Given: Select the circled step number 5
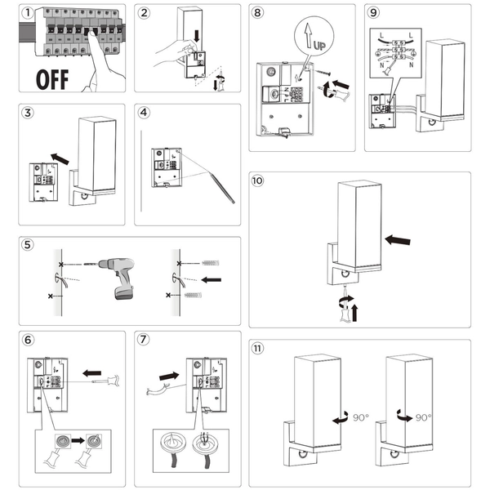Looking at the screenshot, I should (x=28, y=245).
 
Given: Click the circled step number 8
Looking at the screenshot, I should (x=259, y=14).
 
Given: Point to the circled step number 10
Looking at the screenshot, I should (x=259, y=181).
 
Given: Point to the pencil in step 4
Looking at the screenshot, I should (x=213, y=180).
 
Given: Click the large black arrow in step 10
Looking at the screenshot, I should (x=397, y=239).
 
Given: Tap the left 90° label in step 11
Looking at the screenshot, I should (x=360, y=417).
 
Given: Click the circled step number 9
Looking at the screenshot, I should (x=373, y=14).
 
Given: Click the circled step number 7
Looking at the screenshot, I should (x=144, y=339).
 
